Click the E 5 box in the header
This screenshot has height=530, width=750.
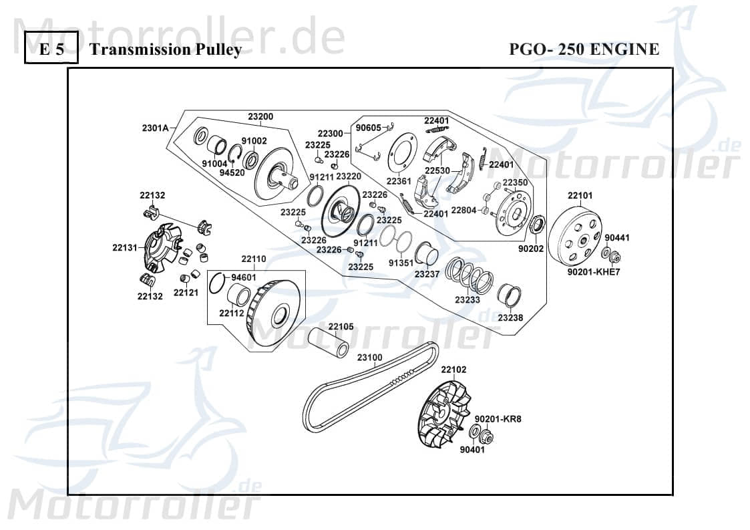(x=51, y=49)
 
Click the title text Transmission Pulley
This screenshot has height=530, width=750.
(x=165, y=49)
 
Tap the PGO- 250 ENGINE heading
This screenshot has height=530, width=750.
(x=584, y=49)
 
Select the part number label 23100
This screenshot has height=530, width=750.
(x=369, y=357)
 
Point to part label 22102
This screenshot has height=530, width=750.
(x=453, y=370)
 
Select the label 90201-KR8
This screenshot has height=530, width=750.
(x=498, y=419)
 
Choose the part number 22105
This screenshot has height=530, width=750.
(x=341, y=327)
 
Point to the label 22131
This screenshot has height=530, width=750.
(x=125, y=247)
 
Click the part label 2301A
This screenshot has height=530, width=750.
(x=154, y=127)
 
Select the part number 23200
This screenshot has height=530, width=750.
(x=260, y=116)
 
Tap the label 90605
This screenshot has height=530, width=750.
(x=369, y=127)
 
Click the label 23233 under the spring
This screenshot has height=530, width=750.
(x=467, y=300)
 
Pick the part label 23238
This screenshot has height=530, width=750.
(x=510, y=317)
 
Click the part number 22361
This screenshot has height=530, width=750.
(x=399, y=180)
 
